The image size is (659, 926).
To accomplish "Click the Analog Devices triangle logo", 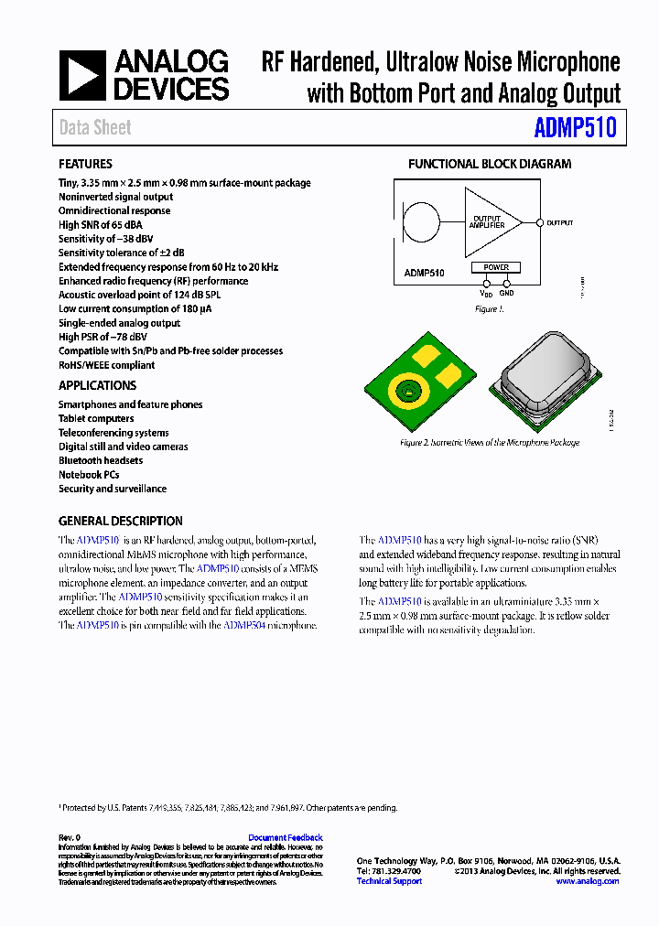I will click(x=82, y=75).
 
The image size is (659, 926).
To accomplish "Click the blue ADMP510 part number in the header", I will click(x=575, y=128).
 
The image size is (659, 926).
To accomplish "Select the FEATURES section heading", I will click(x=85, y=164).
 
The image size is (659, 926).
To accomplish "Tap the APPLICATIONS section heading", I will click(x=97, y=385).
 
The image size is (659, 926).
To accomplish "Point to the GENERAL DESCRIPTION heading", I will click(x=120, y=521).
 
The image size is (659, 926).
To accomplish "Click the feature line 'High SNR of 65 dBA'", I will click(x=101, y=224).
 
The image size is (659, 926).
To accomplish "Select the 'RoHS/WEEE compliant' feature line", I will click(x=106, y=365).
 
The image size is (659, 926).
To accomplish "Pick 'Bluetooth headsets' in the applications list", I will click(x=101, y=460).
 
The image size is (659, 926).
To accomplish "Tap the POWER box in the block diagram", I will click(x=495, y=267).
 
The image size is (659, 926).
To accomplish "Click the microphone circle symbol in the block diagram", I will click(x=421, y=222).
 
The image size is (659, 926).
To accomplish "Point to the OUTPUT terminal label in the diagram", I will click(x=559, y=222).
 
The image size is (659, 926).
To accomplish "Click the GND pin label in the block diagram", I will click(x=506, y=293).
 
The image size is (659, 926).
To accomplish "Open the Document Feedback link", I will click(x=285, y=837).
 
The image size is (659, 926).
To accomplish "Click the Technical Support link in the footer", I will click(x=389, y=881).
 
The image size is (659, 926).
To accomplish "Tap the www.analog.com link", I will click(x=587, y=881).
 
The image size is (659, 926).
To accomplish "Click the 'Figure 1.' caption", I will click(x=489, y=309).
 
